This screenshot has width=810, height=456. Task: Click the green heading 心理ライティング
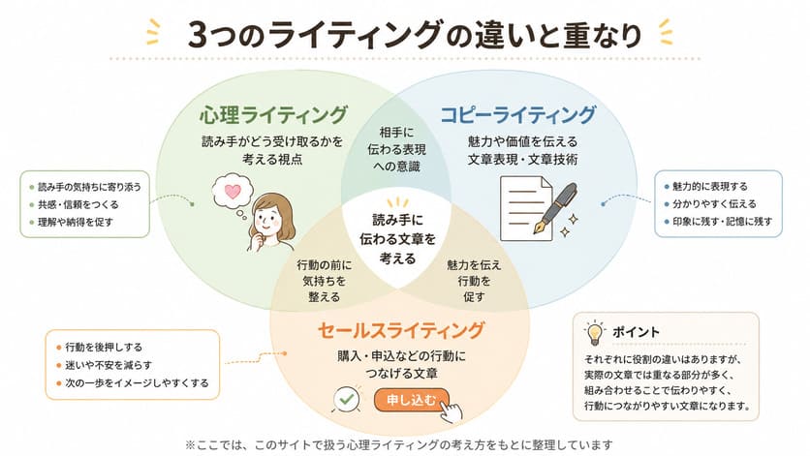click(x=274, y=114)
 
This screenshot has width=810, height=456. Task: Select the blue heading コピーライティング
click(x=518, y=114)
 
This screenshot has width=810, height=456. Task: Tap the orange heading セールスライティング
click(x=401, y=330)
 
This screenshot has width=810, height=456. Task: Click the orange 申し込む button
click(x=412, y=400)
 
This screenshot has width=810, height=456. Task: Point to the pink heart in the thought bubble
click(x=233, y=192)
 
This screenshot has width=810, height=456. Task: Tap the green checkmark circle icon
click(x=347, y=399)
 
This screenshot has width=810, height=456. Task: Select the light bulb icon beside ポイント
click(x=595, y=332)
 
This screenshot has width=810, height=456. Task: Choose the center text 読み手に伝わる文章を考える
click(x=397, y=238)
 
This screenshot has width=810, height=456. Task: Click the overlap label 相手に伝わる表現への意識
click(x=396, y=149)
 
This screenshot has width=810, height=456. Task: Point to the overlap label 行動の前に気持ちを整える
click(x=324, y=281)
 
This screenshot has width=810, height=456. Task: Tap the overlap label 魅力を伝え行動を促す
click(x=474, y=281)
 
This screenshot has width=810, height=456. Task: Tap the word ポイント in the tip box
click(x=636, y=332)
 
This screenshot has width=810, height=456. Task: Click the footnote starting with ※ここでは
click(x=399, y=444)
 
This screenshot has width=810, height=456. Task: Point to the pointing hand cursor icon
click(x=451, y=411)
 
